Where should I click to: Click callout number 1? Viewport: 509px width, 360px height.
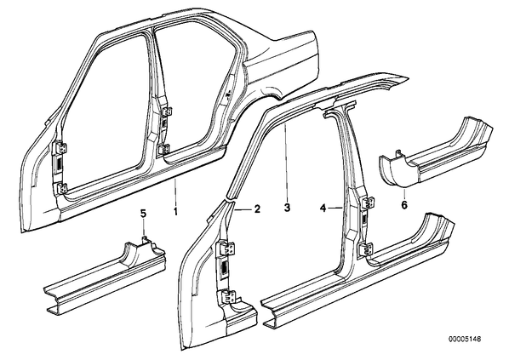click(175, 212)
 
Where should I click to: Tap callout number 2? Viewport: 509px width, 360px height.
click(257, 209)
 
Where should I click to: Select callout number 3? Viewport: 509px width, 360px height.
click(287, 208)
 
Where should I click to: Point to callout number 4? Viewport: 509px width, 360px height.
click(323, 208)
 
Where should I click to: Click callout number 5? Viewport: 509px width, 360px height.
click(143, 214)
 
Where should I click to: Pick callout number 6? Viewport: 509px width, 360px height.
click(404, 205)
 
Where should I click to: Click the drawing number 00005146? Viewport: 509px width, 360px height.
click(465, 340)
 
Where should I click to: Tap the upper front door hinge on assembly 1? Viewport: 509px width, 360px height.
click(61, 148)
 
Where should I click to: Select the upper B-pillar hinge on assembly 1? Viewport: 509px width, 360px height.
click(167, 111)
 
